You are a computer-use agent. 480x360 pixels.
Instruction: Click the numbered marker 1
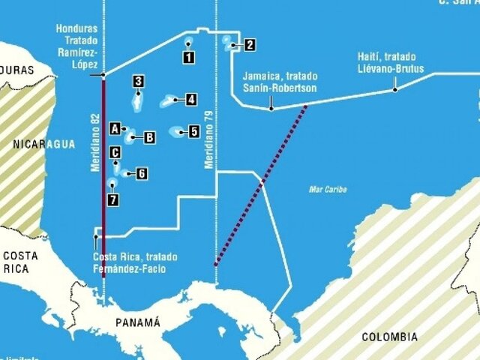[188, 55]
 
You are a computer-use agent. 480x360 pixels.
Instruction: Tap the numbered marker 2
[250, 45]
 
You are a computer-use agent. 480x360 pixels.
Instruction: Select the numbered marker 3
[138, 82]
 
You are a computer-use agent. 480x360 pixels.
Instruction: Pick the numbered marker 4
[191, 99]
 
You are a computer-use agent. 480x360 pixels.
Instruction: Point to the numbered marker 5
[193, 132]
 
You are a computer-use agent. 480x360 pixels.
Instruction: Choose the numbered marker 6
[141, 173]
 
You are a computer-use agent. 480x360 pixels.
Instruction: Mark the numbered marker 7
[112, 199]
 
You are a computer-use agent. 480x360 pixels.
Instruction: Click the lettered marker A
[115, 128]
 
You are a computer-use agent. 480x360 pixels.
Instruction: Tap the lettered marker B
[149, 137]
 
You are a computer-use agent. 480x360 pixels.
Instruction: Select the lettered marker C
[115, 153]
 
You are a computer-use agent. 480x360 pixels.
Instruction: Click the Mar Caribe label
[328, 189]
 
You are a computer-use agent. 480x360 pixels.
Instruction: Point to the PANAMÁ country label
[138, 322]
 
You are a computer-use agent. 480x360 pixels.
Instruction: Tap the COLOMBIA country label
[389, 337]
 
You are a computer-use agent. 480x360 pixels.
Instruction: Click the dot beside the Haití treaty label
[395, 89]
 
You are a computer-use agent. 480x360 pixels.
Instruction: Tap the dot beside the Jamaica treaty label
[271, 109]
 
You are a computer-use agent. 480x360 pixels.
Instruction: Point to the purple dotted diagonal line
[261, 184]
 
